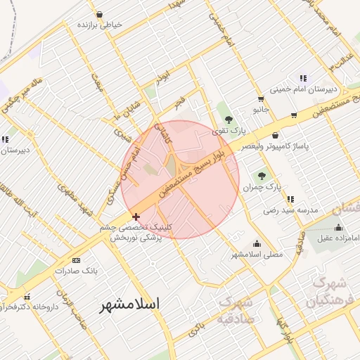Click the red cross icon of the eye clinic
(136, 217)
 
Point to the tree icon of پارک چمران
(262, 176)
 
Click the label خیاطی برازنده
(100, 24)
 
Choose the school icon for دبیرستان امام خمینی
(302, 78)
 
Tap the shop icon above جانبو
(261, 98)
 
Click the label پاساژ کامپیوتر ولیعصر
(275, 146)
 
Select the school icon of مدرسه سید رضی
(290, 199)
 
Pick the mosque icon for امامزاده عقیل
(340, 227)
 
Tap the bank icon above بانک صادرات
(76, 259)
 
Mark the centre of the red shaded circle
(180, 179)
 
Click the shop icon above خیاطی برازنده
(99, 14)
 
